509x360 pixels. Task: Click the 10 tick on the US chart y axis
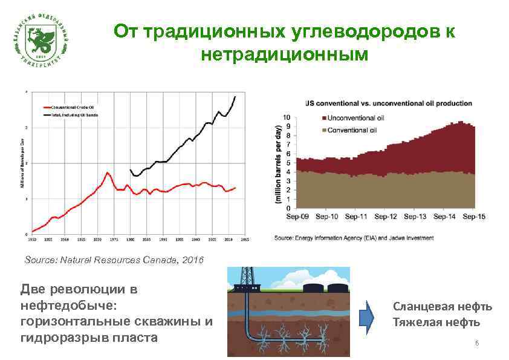[287, 117]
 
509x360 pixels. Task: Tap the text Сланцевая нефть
[443, 307]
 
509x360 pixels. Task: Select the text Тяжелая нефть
[436, 322]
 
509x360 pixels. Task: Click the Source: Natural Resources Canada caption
[115, 260]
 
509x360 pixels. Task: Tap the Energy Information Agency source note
[354, 238]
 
